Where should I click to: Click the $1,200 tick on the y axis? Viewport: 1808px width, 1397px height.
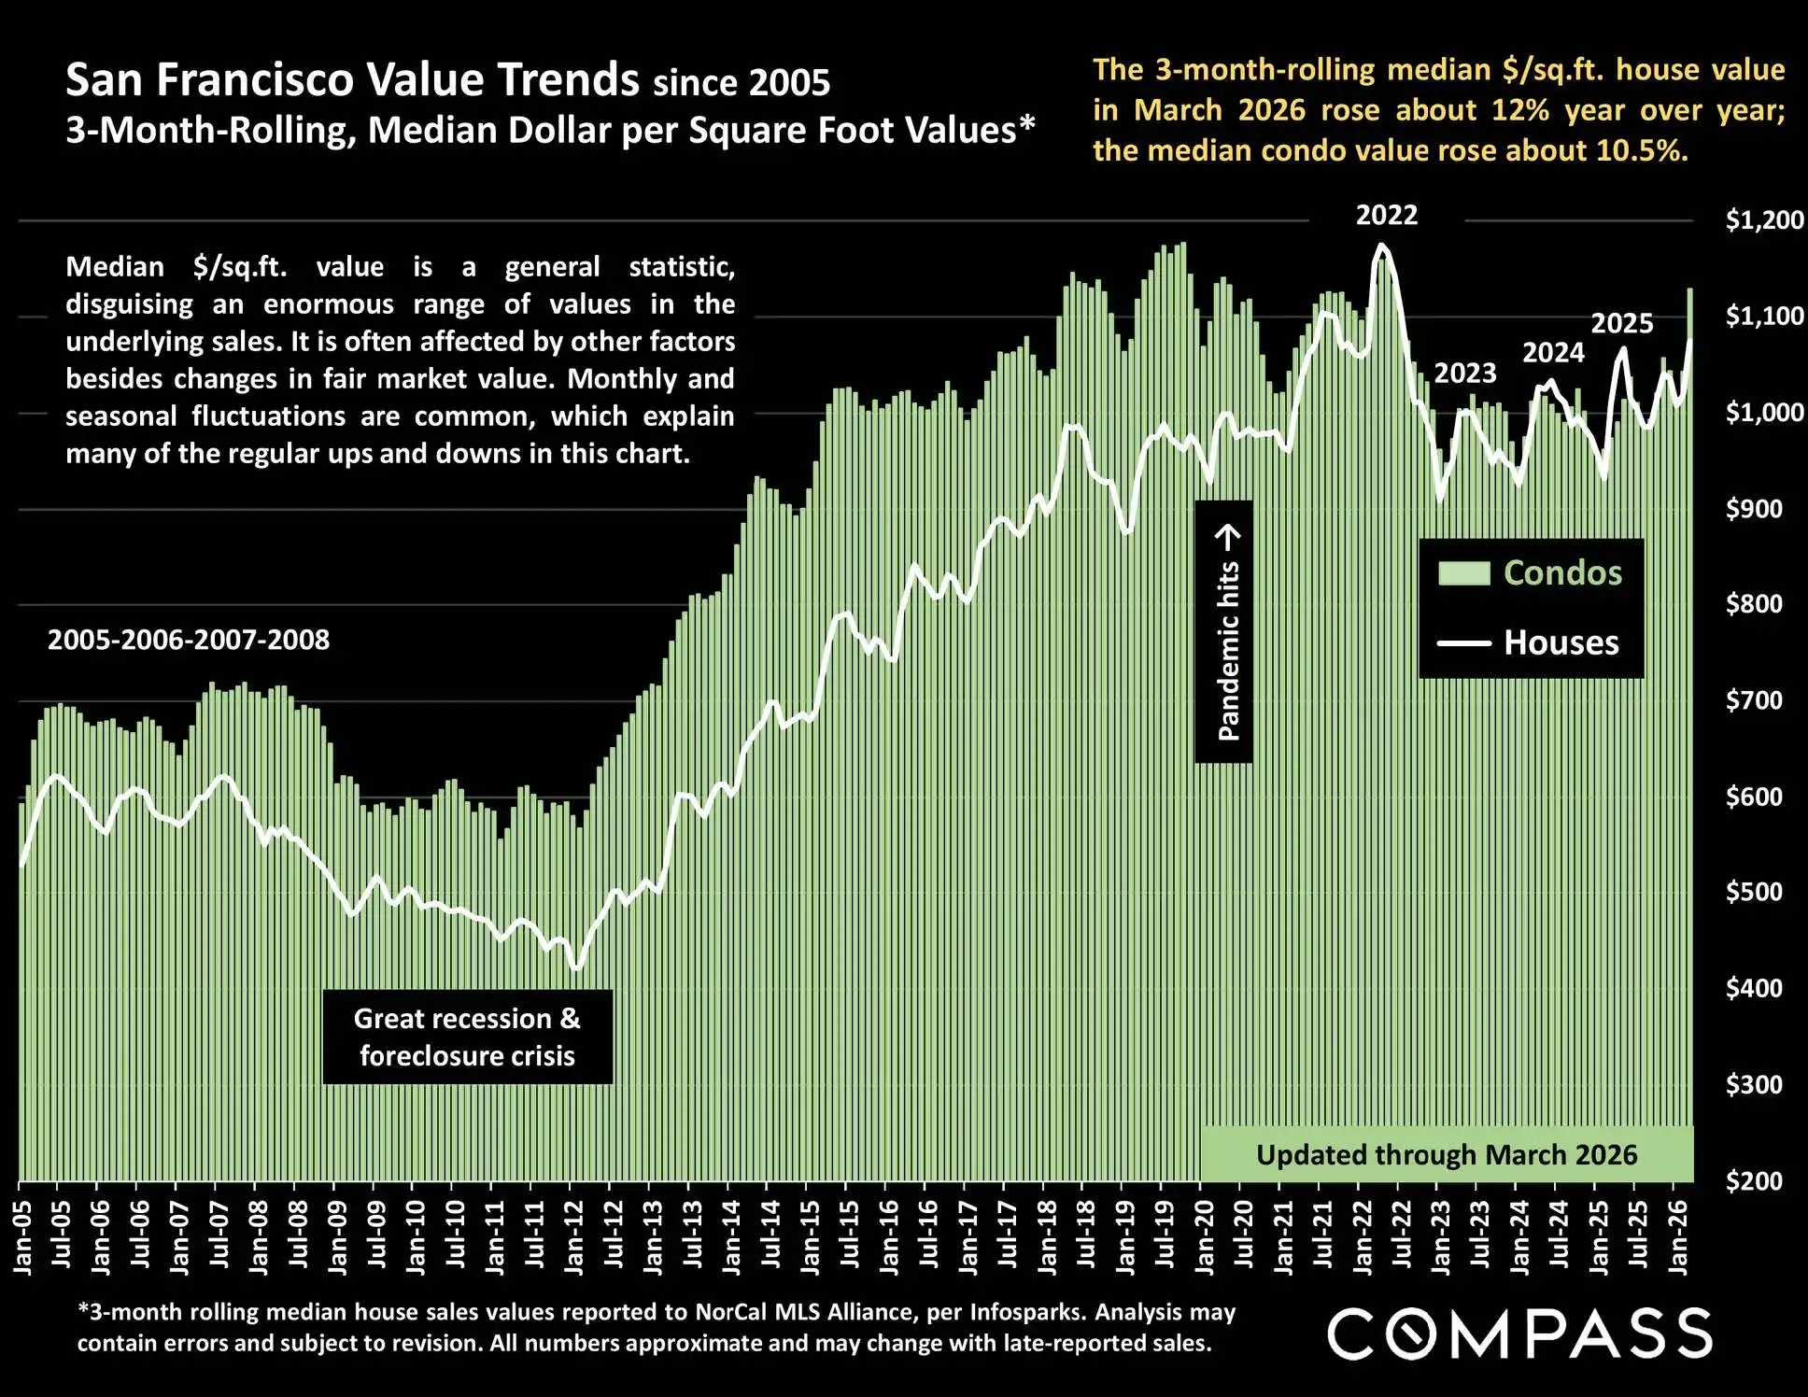[1763, 220]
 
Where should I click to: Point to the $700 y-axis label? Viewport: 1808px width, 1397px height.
[1754, 699]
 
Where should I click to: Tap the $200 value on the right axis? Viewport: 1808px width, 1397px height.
[1754, 1180]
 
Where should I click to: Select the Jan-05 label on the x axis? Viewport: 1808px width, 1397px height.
[22, 1237]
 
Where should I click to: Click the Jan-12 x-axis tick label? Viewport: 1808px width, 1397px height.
[573, 1237]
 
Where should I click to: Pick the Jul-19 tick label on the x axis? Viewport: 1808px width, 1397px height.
[1165, 1237]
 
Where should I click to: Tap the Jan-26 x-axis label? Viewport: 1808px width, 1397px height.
[1678, 1237]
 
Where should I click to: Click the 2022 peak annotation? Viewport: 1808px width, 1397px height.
[1386, 216]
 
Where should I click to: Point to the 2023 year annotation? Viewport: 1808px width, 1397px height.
[1464, 374]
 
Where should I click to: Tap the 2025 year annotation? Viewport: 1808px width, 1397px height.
[1621, 323]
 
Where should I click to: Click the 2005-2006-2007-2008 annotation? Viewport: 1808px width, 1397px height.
[189, 640]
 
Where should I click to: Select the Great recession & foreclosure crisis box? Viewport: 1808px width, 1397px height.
[467, 1037]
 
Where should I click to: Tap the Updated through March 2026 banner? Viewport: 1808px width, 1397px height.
[1446, 1155]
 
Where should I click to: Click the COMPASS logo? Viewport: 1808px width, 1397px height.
[1519, 1333]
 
